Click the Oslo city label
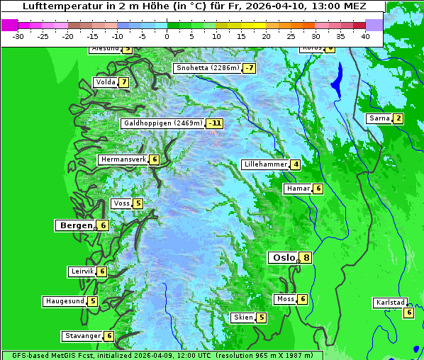pyautogui.click(x=284, y=258)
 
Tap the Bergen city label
pyautogui.click(x=76, y=225)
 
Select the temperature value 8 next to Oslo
pyautogui.click(x=306, y=258)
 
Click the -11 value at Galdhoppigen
pyautogui.click(x=215, y=123)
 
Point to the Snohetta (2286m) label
pyautogui.click(x=207, y=68)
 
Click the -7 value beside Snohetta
pyautogui.click(x=249, y=68)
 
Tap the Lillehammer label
pyautogui.click(x=265, y=164)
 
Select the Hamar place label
pyautogui.click(x=297, y=189)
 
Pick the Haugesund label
pyautogui.click(x=65, y=301)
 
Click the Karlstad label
pyautogui.click(x=390, y=303)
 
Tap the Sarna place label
pyautogui.click(x=379, y=118)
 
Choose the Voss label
pyautogui.click(x=121, y=203)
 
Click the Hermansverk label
pyautogui.click(x=123, y=159)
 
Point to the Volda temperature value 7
pyautogui.click(x=124, y=82)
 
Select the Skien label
pyautogui.click(x=243, y=317)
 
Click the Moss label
pyautogui.click(x=285, y=299)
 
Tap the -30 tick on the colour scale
pyautogui.click(x=18, y=35)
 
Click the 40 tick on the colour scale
pyautogui.click(x=365, y=35)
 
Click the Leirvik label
pyautogui.click(x=82, y=271)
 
